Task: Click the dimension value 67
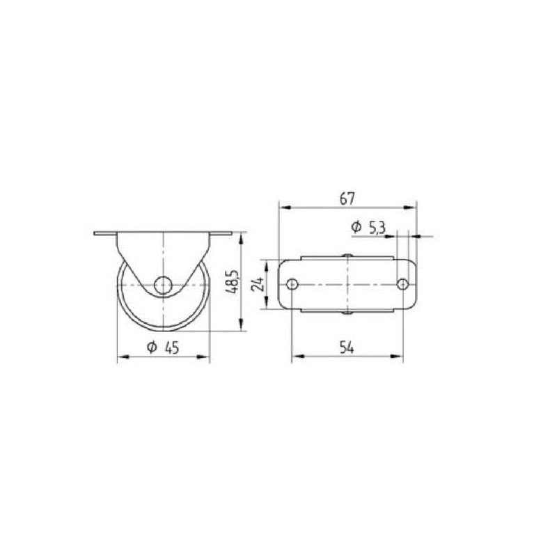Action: coord(347,198)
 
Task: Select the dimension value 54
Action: coord(347,347)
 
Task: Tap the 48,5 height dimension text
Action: coord(233,282)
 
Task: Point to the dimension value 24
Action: coord(258,284)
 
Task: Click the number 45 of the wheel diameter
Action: coord(172,347)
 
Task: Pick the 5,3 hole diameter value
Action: coord(377,228)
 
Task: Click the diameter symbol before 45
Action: coord(152,347)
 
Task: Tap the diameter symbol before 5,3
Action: coord(356,227)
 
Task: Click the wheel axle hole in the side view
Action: coord(163,285)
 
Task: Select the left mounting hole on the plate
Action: coord(292,284)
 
